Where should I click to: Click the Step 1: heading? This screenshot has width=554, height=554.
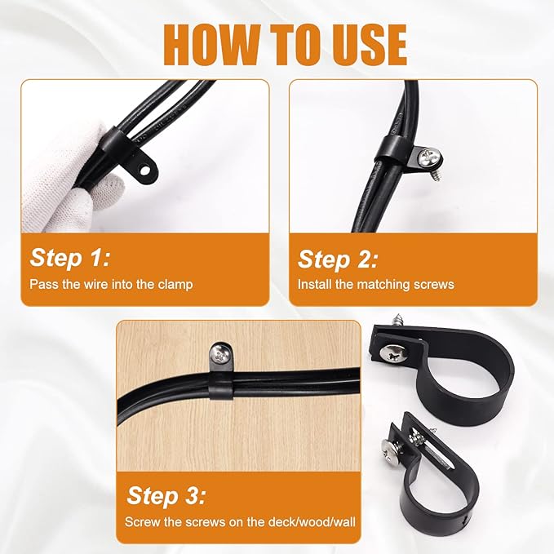(70, 258)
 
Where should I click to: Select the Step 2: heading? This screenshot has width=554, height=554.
(338, 260)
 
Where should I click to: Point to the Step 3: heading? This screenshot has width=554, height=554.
(166, 495)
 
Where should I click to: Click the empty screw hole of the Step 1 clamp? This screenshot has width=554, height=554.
(145, 171)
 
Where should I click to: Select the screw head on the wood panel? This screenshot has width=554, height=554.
(219, 353)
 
